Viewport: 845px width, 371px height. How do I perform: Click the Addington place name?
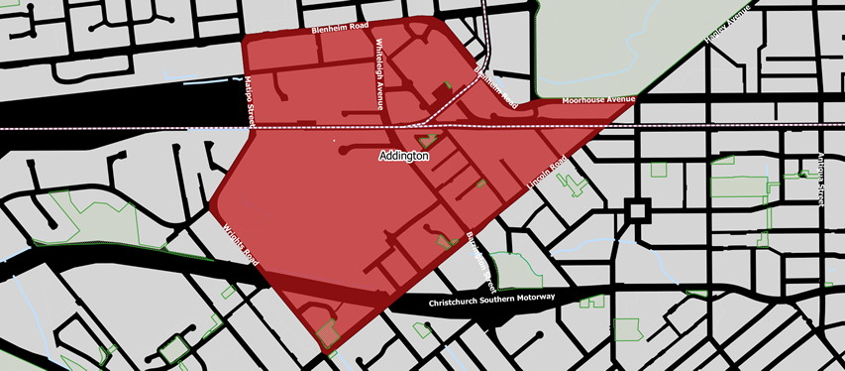click(404, 157)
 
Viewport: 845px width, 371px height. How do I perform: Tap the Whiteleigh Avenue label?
click(378, 74)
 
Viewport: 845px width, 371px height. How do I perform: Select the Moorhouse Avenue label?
click(597, 100)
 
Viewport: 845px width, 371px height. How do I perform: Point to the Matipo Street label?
click(252, 101)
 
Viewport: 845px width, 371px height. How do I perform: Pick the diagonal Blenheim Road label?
click(495, 87)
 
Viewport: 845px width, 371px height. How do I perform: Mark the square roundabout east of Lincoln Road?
click(635, 211)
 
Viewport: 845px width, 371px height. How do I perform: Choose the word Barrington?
click(474, 251)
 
